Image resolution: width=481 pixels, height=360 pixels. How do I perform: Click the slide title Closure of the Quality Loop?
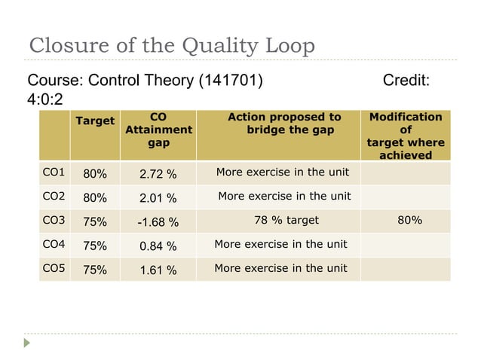point(171,46)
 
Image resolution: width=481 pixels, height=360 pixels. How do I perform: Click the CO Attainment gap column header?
point(158,130)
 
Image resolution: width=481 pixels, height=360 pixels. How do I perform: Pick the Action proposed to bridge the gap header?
point(284,124)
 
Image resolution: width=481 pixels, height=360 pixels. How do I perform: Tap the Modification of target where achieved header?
point(405,136)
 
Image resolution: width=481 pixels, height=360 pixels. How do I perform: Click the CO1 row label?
point(53,172)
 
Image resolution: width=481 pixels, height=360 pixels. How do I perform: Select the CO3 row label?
point(53,221)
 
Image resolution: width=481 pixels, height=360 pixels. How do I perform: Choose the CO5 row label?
point(53,268)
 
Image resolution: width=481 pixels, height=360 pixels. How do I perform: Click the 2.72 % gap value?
point(158,175)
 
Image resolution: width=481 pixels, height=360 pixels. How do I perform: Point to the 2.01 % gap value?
point(158,199)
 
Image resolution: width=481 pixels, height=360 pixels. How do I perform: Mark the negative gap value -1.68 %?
point(158,223)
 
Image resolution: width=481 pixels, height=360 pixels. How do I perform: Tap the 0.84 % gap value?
point(158,246)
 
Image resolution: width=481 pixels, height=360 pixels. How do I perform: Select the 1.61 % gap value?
point(158,270)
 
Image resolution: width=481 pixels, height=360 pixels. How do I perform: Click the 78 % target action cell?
point(287,221)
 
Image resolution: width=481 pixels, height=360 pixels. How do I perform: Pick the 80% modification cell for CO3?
point(409,221)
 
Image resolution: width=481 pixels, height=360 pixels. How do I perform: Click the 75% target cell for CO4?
point(94,246)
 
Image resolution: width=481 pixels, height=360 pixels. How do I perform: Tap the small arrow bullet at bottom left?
point(29,343)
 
